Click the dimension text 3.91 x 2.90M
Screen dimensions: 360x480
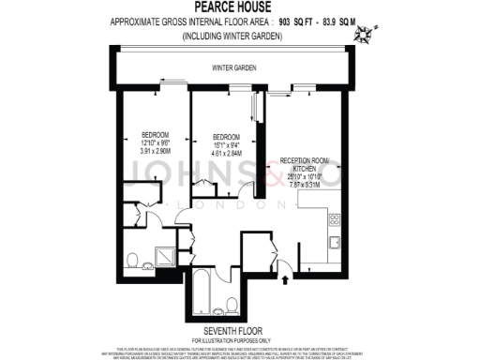coord(154,151)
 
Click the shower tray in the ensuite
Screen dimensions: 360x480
coord(161,256)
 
